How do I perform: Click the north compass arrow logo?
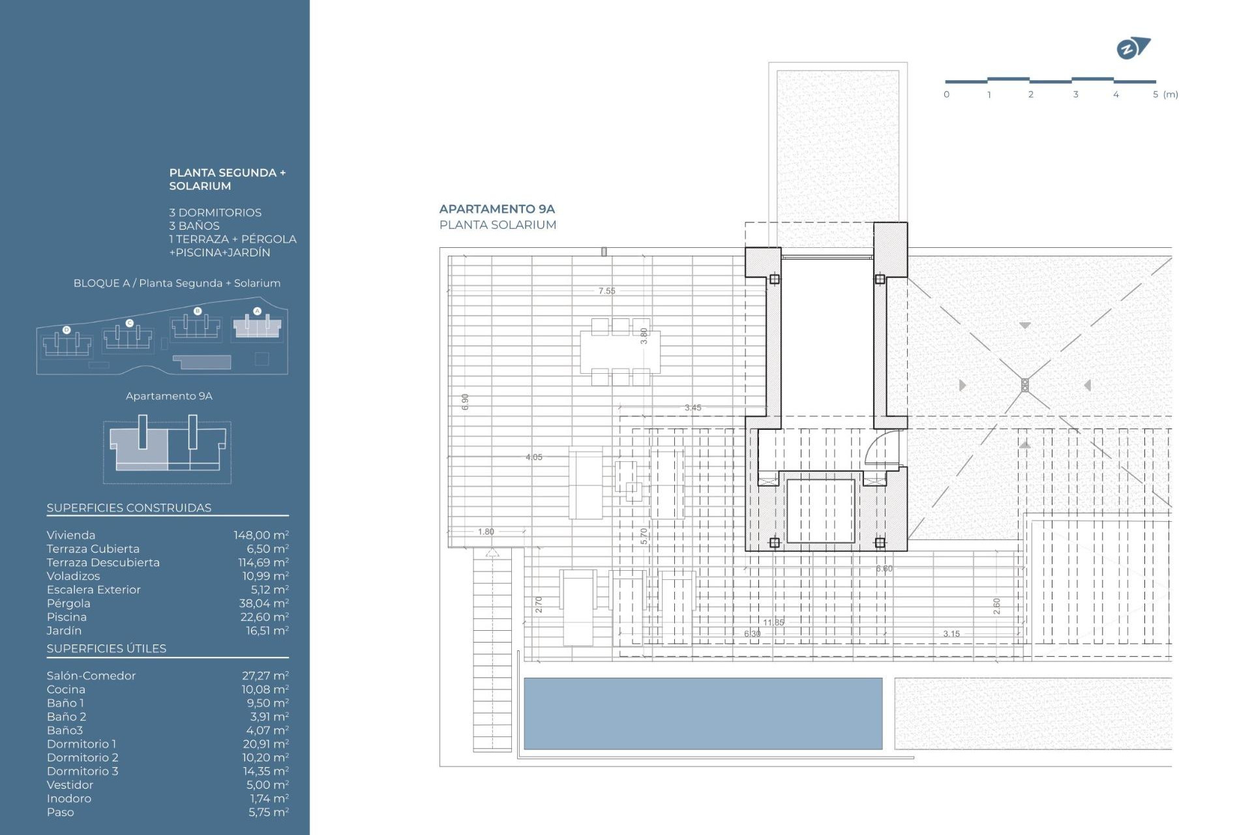[x=1133, y=48]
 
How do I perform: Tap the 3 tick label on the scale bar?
[x=1075, y=95]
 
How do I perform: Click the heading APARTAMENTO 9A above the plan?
[x=497, y=209]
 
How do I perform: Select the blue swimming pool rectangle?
[x=702, y=713]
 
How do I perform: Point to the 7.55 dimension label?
[x=606, y=291]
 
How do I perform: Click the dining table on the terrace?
[x=619, y=352]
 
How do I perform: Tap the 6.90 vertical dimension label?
[x=465, y=402]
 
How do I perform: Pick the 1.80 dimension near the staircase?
[x=486, y=532]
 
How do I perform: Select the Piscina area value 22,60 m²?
[x=263, y=616]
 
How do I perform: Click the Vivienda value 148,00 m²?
[x=261, y=535]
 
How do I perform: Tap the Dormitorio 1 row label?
[x=82, y=744]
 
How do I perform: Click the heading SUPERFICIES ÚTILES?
[x=106, y=648]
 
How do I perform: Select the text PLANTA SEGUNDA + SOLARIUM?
[x=227, y=179]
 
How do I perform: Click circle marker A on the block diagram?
[x=257, y=311]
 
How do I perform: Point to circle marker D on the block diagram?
[x=67, y=330]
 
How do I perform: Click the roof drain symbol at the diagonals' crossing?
[x=1024, y=385]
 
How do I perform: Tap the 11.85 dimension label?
[x=773, y=622]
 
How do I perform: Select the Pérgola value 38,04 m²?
[x=263, y=603]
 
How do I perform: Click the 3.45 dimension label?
[x=693, y=408]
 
